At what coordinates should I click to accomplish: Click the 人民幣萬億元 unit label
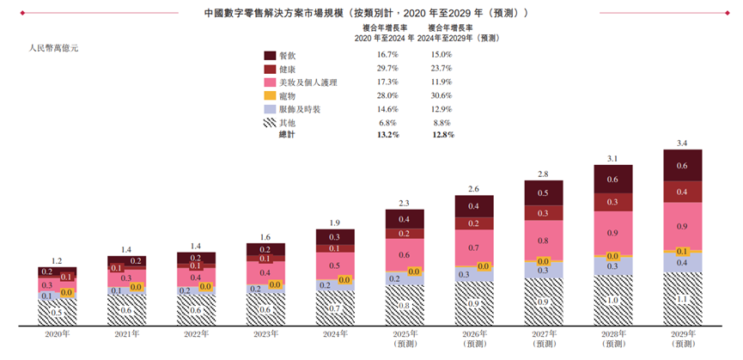[x=53, y=49]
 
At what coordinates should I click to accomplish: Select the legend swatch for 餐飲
[x=270, y=55]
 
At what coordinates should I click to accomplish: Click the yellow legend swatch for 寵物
[x=270, y=95]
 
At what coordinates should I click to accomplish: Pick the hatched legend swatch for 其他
[x=270, y=123]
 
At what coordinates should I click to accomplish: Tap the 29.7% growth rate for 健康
[x=387, y=69]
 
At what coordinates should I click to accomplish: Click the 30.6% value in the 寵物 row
[x=441, y=95]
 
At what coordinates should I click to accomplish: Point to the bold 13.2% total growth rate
[x=387, y=136]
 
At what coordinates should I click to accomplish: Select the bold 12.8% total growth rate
[x=441, y=136]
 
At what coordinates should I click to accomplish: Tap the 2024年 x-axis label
[x=335, y=333]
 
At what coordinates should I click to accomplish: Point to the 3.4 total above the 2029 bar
[x=682, y=143]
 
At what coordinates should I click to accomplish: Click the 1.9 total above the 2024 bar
[x=335, y=223]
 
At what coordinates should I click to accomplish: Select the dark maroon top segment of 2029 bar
[x=682, y=165]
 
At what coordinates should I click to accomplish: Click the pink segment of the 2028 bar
[x=612, y=233]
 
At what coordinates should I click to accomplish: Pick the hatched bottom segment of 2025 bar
[x=404, y=305]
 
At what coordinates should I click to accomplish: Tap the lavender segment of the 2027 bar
[x=543, y=271]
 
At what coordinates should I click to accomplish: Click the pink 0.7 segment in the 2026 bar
[x=473, y=248]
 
